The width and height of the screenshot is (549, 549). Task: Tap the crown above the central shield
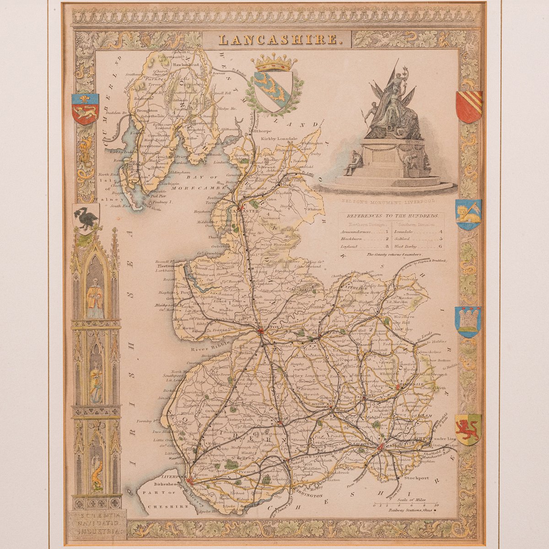click(x=274, y=62)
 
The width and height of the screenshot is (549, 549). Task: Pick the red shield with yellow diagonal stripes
click(x=468, y=106)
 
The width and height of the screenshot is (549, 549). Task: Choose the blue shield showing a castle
click(x=468, y=322)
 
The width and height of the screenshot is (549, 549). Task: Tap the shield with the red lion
click(x=468, y=429)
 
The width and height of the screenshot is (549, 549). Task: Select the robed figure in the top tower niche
click(x=95, y=297)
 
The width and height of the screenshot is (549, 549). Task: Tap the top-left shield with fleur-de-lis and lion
click(x=85, y=109)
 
